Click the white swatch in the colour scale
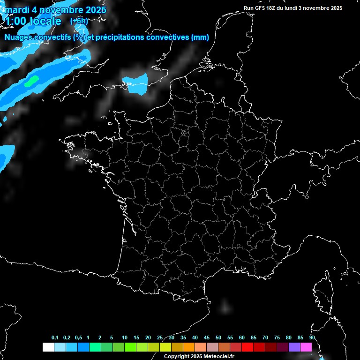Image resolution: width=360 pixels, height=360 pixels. (48, 347)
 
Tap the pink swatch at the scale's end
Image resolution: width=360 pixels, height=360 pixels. (306, 347)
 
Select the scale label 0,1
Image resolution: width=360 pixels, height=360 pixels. (55, 338)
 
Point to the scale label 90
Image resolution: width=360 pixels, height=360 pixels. (312, 338)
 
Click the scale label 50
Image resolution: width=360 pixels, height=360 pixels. (218, 338)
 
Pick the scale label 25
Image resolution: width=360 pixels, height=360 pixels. (160, 338)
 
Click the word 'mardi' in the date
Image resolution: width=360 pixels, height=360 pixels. (16, 10)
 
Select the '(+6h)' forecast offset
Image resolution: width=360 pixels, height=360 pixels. (79, 21)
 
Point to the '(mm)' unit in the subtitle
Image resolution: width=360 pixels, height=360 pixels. (200, 37)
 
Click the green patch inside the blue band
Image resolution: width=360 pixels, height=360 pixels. (31, 81)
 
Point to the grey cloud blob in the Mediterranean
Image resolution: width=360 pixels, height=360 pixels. (225, 307)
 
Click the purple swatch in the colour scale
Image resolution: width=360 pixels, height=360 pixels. (294, 347)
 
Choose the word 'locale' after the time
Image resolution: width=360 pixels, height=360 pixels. (45, 21)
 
